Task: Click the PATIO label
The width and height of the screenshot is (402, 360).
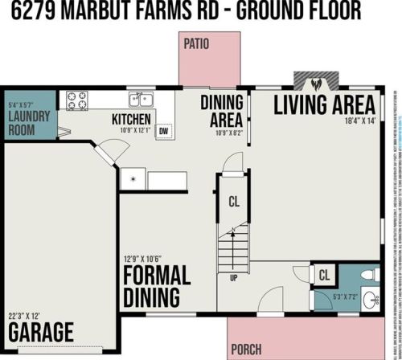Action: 196,43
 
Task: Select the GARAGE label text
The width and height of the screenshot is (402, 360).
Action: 40,331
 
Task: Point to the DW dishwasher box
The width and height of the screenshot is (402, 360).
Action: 163,131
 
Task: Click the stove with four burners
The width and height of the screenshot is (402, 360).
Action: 77,100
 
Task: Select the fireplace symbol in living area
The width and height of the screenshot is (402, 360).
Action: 316,82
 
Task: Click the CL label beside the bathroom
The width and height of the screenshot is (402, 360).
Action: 324,276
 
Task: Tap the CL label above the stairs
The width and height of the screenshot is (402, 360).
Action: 234,201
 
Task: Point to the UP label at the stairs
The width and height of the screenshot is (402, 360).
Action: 234,278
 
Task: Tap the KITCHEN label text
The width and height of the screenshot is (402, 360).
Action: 131,120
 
